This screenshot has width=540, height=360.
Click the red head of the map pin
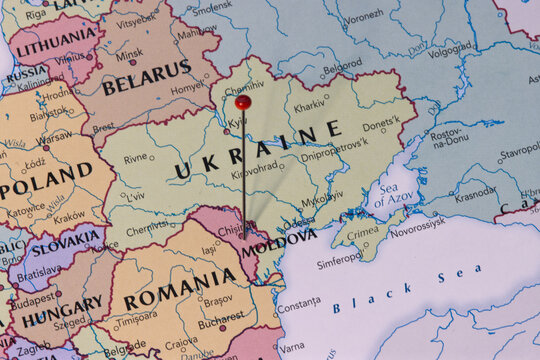(x=243, y=102)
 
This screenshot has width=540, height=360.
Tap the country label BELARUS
(x=146, y=78)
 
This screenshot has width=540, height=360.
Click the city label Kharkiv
(x=309, y=106)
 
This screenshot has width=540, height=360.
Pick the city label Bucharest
(x=221, y=323)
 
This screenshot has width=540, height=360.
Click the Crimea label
(x=362, y=232)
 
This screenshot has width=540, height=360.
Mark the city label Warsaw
(x=55, y=134)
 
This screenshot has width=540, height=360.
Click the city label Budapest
(x=34, y=297)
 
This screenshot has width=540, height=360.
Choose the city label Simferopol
(x=340, y=263)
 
